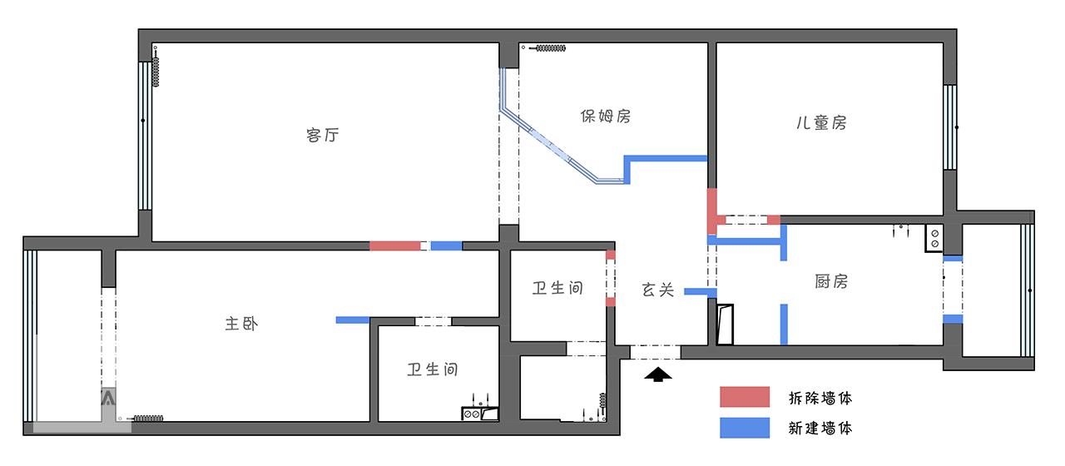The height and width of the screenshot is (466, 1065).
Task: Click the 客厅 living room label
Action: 323,135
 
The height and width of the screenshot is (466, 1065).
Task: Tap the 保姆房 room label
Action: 606,116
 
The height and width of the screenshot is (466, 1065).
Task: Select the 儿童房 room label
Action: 821,123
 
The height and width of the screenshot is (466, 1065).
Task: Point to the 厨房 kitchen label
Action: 831,281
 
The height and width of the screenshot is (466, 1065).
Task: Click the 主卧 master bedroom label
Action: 241,324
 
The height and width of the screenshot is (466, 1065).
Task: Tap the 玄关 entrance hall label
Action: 658,290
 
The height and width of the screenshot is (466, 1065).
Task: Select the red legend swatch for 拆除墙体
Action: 745,398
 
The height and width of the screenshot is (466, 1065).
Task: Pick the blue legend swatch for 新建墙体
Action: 745,428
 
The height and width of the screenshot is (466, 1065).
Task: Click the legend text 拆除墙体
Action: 820,398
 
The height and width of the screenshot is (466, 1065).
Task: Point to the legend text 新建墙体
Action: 820,429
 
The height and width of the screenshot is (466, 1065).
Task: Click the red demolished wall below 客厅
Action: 394,246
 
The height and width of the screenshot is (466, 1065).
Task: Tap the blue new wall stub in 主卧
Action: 352,320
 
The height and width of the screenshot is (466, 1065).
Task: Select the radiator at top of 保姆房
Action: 549,49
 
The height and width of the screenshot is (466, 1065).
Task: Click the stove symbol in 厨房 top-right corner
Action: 934,239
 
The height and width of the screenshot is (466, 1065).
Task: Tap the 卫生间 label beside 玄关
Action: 557,289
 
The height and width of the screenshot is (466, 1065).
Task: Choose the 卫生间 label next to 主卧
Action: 433,369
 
